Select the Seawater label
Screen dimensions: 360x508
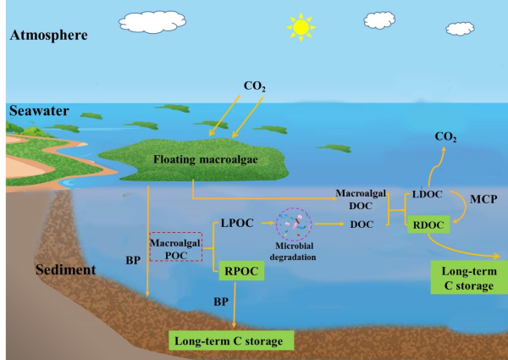point(35,111)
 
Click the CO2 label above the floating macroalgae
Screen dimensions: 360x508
point(255,86)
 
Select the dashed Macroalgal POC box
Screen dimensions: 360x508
point(174,249)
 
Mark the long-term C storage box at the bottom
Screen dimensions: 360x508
point(229,341)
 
